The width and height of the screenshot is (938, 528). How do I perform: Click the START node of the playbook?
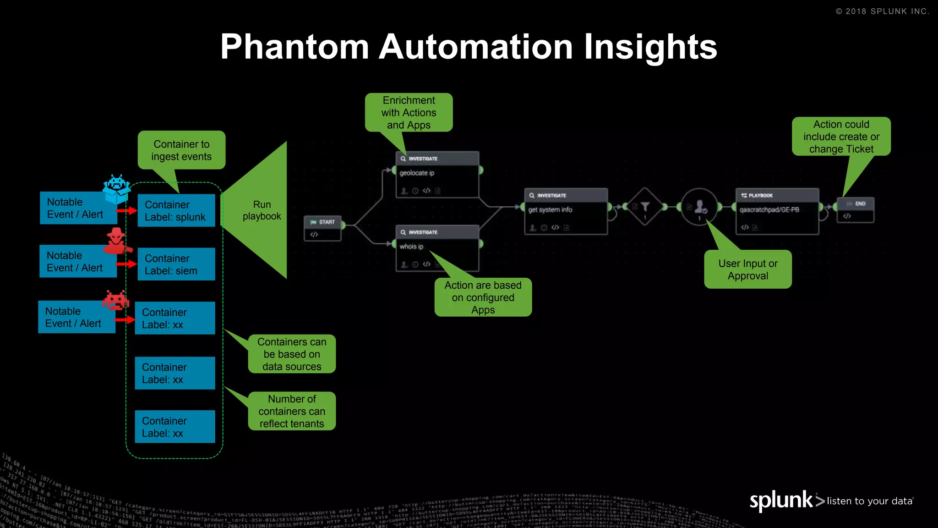point(323,228)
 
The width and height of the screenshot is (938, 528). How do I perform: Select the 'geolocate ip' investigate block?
point(437,175)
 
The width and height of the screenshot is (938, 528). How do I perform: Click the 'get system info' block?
point(566,211)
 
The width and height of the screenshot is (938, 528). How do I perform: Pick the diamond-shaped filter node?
point(645,207)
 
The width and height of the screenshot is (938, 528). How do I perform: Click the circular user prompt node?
point(699,207)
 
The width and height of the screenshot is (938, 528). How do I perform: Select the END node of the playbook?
point(856,210)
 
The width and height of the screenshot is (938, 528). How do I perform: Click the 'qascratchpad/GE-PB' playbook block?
point(777,211)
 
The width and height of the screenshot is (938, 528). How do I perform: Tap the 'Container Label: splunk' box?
point(176,211)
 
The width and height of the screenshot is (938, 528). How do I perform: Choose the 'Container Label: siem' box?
point(176,264)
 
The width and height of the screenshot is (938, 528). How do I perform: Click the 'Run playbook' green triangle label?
point(262,210)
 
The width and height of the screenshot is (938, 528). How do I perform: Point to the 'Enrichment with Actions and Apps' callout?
point(409,113)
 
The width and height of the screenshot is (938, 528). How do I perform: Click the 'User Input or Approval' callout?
point(748,269)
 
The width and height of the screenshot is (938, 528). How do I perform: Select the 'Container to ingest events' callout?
point(181,150)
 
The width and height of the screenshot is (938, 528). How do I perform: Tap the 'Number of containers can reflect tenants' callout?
point(292,411)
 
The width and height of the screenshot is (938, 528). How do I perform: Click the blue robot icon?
point(116,188)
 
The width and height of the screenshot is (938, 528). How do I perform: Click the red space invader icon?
point(115,300)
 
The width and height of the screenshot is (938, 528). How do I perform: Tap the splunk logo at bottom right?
point(781,500)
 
